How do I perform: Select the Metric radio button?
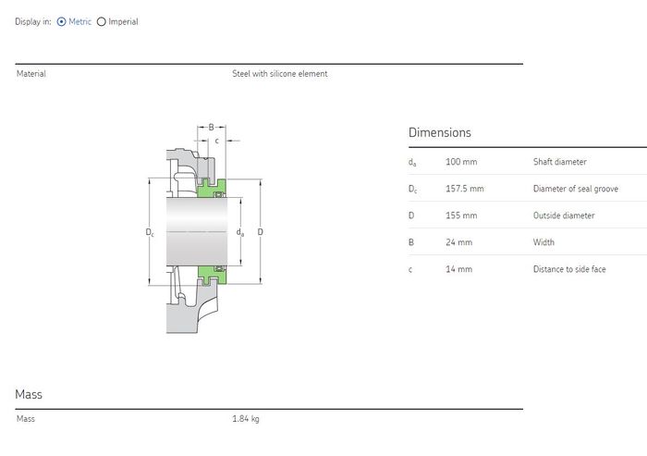(62, 21)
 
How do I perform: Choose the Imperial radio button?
(101, 21)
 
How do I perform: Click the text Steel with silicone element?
(280, 73)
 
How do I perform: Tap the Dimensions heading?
(439, 132)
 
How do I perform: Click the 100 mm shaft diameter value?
(461, 162)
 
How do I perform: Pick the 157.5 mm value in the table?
(465, 189)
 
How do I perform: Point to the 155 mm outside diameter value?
(461, 216)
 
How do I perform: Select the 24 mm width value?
(458, 242)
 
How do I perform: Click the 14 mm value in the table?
(458, 269)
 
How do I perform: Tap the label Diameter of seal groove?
(576, 189)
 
